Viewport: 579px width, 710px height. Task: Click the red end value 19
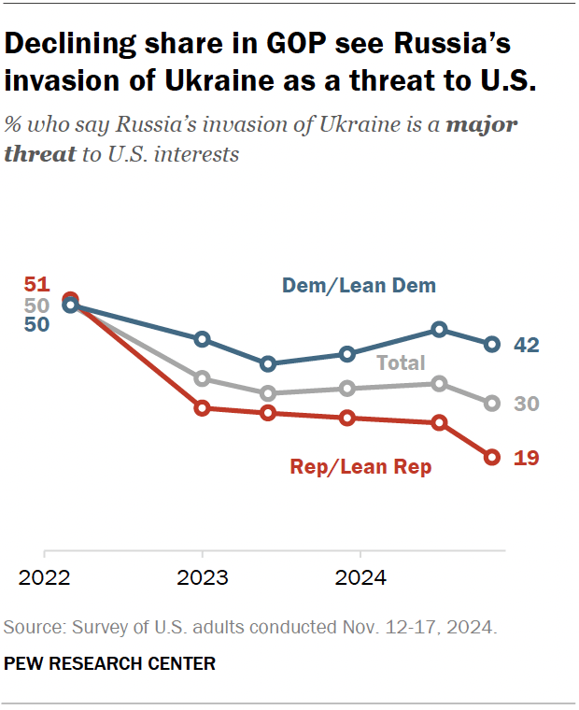[x=527, y=458]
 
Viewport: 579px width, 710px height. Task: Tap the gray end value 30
[x=527, y=404]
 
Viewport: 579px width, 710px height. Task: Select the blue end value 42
[x=527, y=345]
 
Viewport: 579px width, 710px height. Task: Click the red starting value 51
[x=36, y=285]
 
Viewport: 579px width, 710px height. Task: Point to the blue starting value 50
[x=36, y=325]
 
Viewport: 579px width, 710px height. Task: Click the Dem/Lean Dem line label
[x=360, y=286]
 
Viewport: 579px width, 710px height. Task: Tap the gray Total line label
[x=400, y=363]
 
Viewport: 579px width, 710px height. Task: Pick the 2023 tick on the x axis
[x=203, y=578]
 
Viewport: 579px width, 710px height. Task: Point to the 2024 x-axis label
[x=360, y=578]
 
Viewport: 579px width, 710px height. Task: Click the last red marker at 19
[x=492, y=457]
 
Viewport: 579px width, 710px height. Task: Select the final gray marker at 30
[x=492, y=403]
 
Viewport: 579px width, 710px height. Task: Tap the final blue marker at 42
[x=492, y=345]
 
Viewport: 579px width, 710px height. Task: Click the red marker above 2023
[x=203, y=408]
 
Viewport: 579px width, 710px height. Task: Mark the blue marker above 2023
[x=203, y=338]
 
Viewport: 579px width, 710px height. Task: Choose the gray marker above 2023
[x=203, y=378]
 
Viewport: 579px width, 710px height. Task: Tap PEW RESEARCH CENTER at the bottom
[x=110, y=664]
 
